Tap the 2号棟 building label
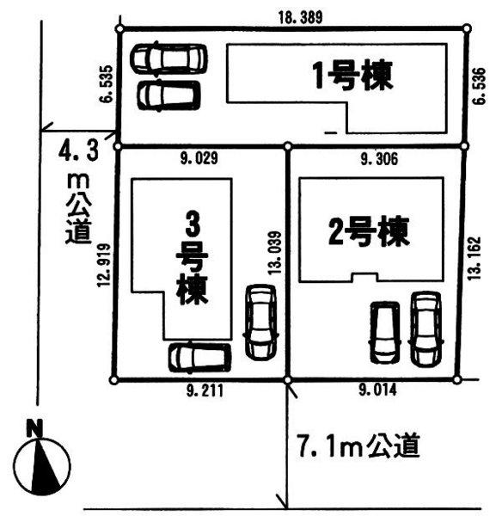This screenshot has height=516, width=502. [367, 230]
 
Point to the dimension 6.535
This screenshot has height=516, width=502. [105, 85]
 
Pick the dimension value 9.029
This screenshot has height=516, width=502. [200, 157]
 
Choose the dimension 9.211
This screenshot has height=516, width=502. [203, 391]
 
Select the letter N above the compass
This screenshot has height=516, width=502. [35, 427]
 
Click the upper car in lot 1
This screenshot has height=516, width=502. [168, 58]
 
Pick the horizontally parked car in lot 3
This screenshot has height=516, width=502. [199, 356]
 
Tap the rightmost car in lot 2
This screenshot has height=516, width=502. [426, 329]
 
